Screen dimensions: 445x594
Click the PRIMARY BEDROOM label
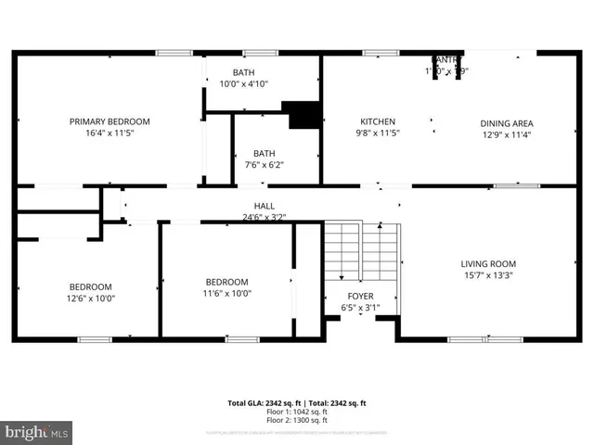point(110,121)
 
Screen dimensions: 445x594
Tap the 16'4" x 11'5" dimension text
point(110,133)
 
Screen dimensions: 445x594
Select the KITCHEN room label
point(378,121)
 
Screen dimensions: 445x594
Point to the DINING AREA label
point(506,122)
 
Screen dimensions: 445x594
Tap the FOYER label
point(360,296)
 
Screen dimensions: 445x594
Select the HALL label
point(264,206)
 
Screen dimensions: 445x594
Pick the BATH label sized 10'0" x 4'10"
point(243,72)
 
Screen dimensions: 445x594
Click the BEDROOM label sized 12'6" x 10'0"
point(90,286)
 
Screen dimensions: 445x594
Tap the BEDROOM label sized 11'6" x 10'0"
point(226,282)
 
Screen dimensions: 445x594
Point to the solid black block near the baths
point(303,114)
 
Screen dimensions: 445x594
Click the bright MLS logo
point(37,431)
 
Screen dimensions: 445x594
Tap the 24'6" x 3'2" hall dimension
point(264,217)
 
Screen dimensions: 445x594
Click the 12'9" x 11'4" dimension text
point(506,133)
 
